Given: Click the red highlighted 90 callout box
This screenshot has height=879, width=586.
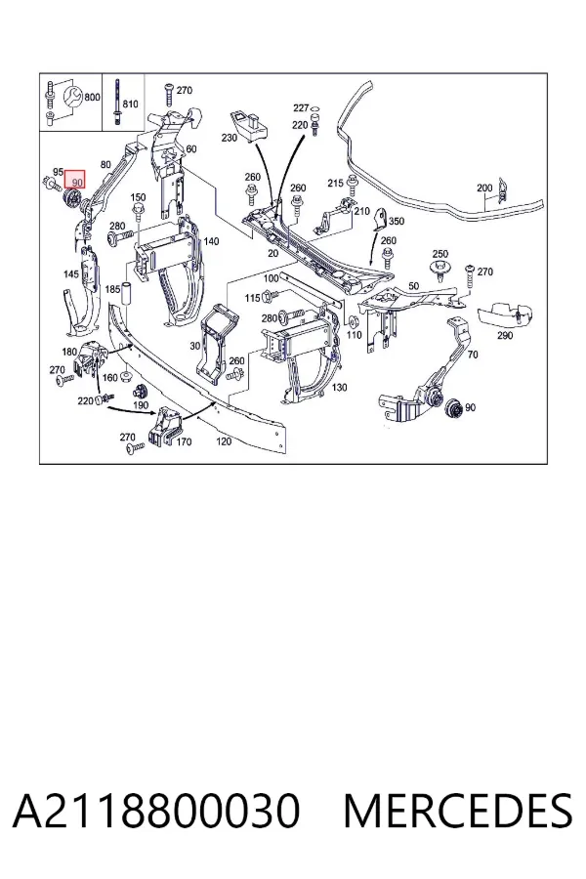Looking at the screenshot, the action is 75,180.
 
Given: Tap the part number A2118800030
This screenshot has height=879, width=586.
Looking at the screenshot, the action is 156,812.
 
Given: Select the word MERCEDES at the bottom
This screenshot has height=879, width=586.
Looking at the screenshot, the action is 458,812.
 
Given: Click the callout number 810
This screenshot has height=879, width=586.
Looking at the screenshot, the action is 130,104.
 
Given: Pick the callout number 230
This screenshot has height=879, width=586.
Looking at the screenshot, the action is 229,138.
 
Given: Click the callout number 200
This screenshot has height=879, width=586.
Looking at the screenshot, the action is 484,188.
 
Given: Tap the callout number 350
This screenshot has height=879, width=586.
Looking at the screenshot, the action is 397,221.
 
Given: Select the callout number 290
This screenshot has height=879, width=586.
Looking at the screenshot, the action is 505,335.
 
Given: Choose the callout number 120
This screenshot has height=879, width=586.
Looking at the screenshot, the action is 224,441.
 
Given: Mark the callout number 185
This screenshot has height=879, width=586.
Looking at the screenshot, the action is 112,289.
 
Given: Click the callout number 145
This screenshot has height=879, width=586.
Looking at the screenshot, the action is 71,274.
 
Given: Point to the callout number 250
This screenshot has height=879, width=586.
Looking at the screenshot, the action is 440,255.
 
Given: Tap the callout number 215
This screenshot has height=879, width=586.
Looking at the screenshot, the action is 335,183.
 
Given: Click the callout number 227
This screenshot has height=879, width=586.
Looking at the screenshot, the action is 301,107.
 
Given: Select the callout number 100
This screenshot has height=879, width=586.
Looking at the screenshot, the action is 271,278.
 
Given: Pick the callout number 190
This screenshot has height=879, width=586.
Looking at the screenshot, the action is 141,404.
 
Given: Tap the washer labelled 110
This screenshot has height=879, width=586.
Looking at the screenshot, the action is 354,321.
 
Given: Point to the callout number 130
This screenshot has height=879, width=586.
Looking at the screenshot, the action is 339,387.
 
